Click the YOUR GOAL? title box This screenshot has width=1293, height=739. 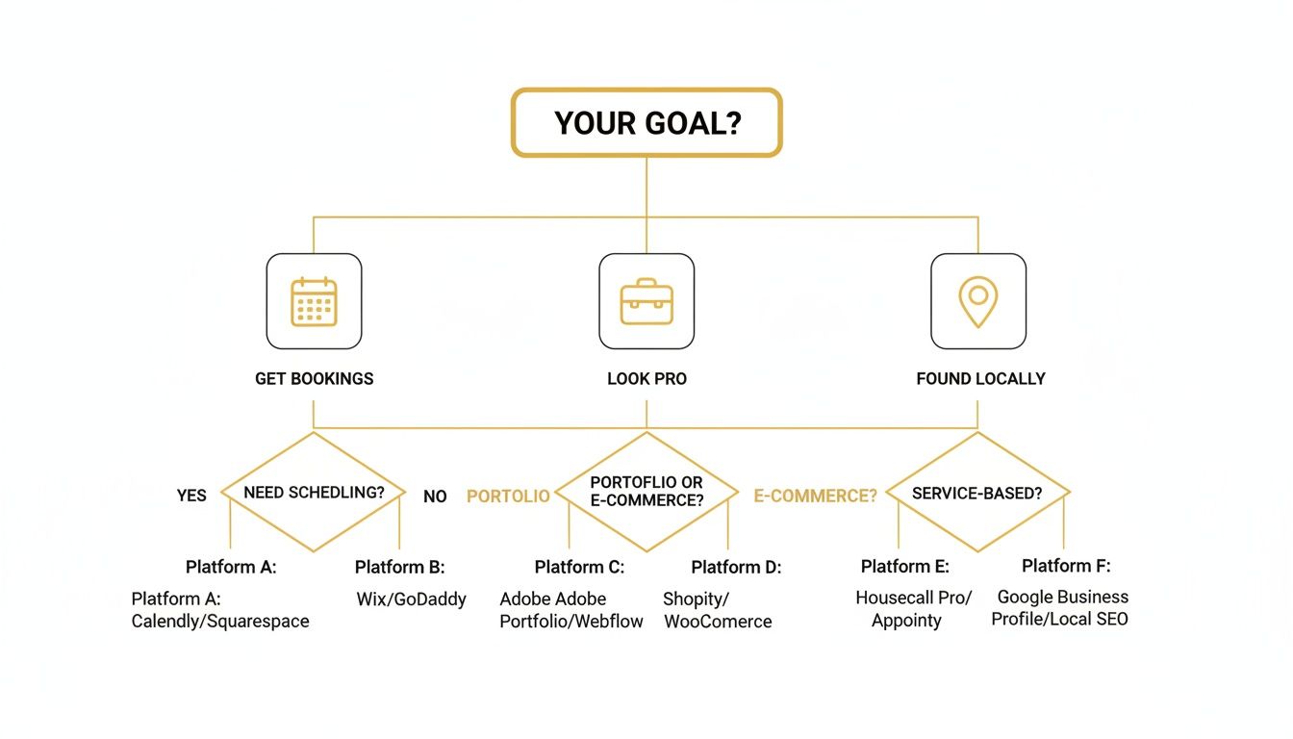646,122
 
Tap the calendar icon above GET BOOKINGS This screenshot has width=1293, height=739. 314,301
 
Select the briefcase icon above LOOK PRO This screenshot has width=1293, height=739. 646,301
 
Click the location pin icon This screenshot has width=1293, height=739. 977,301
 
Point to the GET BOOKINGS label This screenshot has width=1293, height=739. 314,379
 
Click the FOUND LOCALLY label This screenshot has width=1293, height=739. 980,379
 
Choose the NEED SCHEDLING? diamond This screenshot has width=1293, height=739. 314,492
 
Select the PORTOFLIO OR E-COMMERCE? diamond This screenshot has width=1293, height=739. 646,492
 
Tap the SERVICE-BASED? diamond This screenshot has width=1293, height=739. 977,492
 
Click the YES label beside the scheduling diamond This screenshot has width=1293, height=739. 191,496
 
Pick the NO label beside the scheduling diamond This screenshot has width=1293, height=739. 435,497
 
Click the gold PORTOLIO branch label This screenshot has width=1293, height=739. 508,496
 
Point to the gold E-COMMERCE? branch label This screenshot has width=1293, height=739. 815,496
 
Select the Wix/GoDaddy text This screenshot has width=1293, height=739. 411,599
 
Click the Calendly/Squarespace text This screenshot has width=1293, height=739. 220,622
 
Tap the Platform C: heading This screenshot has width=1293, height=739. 579,568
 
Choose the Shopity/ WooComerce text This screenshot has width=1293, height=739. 717,610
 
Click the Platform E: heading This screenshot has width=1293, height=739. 904,567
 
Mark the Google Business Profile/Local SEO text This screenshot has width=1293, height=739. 1060,607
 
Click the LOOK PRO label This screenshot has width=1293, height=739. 646,379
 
